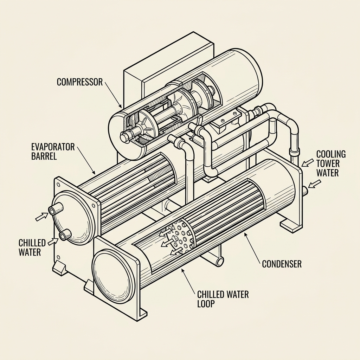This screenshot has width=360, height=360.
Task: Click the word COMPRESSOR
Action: [79, 82]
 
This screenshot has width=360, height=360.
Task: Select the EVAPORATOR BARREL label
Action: [53, 151]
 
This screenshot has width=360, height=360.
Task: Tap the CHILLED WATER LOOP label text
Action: [223, 298]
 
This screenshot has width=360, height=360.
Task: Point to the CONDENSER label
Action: [282, 264]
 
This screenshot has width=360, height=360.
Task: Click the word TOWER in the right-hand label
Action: [328, 163]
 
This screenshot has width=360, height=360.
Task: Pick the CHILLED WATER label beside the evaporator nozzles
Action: [32, 247]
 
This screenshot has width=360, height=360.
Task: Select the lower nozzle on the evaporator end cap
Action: [65, 235]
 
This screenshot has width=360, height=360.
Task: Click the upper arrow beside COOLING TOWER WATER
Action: [307, 162]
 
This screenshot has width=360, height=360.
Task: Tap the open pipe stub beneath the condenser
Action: [220, 261]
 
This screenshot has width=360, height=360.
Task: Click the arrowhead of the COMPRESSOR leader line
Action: [121, 107]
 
